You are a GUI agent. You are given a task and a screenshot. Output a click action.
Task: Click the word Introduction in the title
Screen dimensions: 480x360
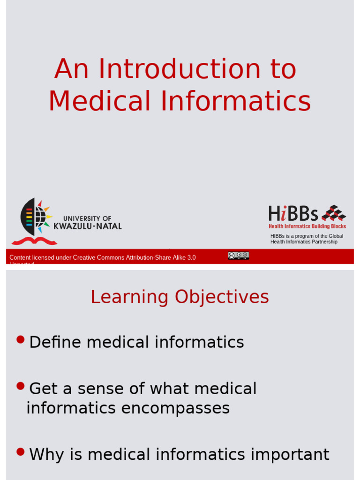[180, 69]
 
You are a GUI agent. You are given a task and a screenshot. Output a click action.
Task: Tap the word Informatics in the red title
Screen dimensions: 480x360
[236, 101]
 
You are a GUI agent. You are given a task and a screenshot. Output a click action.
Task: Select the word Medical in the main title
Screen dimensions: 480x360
[99, 101]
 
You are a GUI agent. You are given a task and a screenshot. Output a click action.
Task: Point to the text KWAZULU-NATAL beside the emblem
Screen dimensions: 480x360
[88, 226]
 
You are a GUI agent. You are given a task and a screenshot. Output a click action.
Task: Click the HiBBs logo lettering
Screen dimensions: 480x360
[293, 214]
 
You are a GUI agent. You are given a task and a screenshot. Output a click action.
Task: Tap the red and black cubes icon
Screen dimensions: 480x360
[334, 213]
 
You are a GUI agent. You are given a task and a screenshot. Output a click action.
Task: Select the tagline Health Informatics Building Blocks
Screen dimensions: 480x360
[307, 226]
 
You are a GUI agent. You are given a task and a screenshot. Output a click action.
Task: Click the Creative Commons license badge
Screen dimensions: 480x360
[238, 255]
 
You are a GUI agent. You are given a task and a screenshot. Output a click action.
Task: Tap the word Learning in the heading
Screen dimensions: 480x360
[129, 297]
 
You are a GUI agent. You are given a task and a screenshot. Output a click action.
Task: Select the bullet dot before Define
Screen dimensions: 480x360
[20, 339]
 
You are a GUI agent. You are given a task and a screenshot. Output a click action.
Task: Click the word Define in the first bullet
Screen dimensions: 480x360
[55, 342]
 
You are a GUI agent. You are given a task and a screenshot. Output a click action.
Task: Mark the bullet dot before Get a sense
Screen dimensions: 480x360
[20, 386]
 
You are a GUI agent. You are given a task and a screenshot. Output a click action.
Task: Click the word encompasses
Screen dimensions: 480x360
[175, 408]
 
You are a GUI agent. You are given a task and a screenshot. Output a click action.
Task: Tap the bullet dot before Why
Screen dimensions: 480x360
[20, 452]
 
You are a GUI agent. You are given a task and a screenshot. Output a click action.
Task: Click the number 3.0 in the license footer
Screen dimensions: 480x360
[191, 257]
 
